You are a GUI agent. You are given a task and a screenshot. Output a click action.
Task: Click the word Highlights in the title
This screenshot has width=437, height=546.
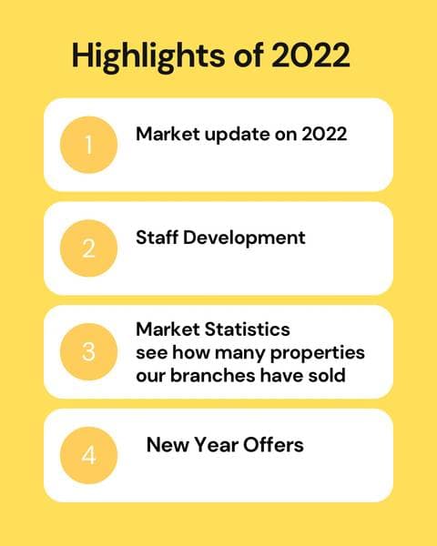(142, 56)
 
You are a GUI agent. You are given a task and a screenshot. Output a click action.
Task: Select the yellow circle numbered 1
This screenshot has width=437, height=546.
(88, 145)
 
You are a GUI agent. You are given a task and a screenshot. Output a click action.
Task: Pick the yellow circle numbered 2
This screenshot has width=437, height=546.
(88, 248)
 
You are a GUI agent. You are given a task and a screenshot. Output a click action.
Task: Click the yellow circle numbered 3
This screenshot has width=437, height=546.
(88, 352)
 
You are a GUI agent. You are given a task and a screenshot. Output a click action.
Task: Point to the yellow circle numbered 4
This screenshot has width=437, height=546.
(88, 455)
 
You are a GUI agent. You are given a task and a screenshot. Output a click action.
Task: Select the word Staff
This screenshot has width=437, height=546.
(157, 238)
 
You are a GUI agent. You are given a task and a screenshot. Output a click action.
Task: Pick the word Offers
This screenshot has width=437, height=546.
(272, 445)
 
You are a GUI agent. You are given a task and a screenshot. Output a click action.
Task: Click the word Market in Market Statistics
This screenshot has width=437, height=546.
(168, 328)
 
